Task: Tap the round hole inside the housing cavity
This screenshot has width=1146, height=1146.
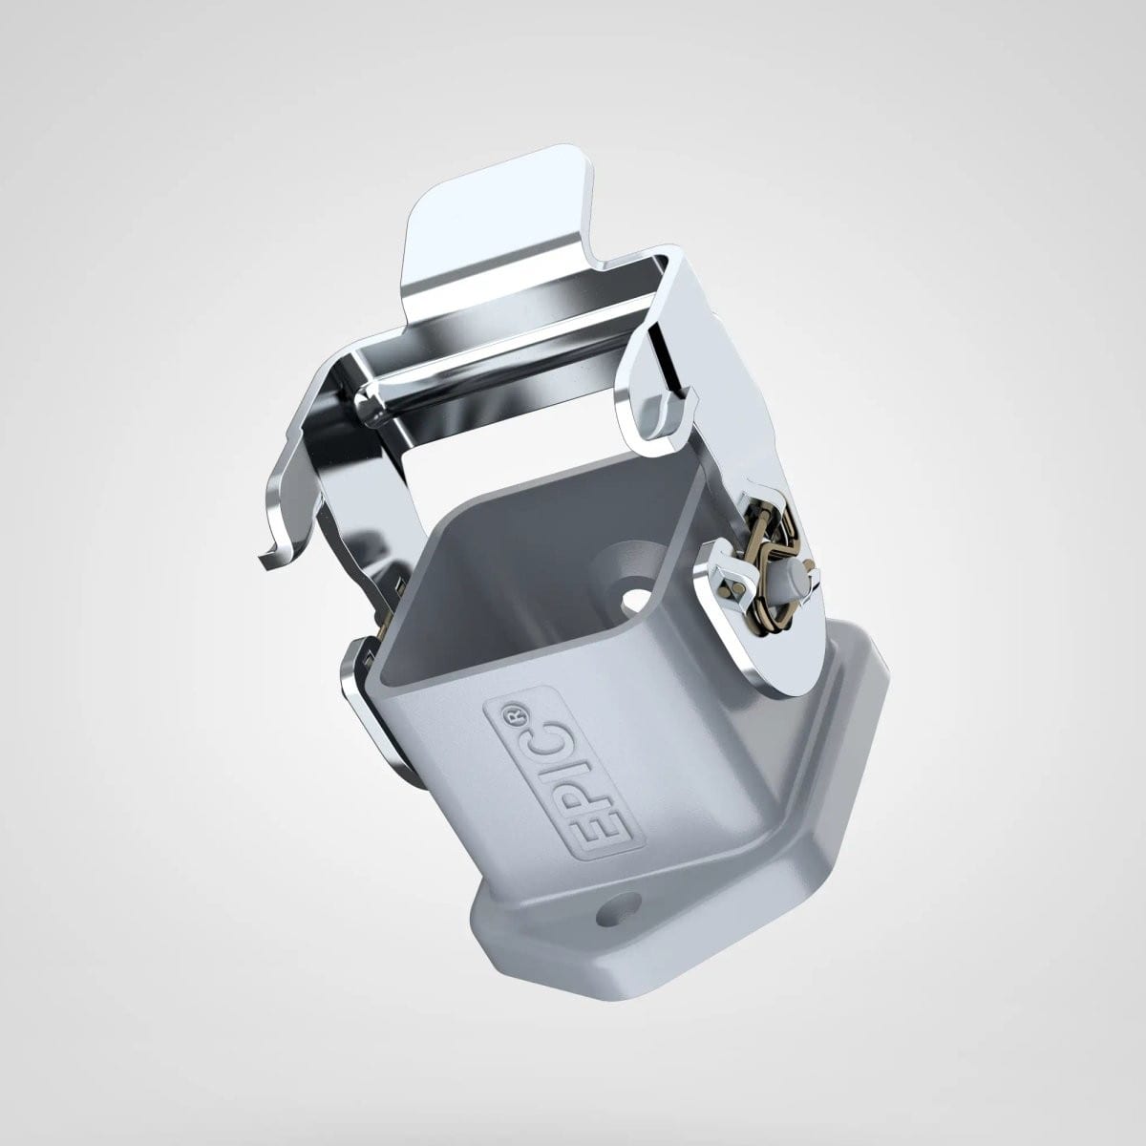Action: pyautogui.click(x=636, y=603)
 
